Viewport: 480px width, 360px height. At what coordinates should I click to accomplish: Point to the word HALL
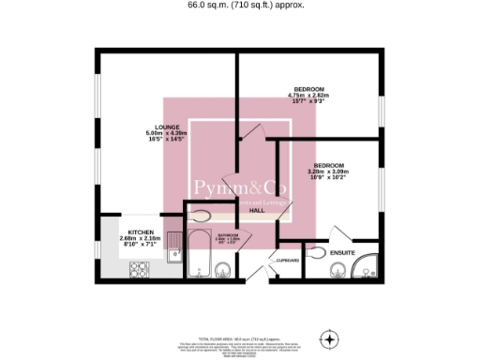256,211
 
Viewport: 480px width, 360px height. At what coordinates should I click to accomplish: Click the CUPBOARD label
286,260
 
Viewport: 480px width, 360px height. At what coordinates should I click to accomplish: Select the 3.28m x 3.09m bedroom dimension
327,172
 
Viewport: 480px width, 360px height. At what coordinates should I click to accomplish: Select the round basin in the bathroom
223,271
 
